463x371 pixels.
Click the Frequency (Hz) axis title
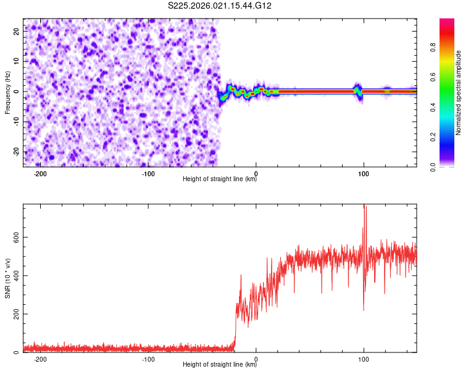tap(7, 92)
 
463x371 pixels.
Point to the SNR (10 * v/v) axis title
tap(7, 278)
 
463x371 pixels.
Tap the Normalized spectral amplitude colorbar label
tap(459, 93)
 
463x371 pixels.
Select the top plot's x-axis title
tap(220, 180)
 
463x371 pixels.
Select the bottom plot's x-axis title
tap(220, 365)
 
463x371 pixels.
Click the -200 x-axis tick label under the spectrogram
tap(40, 174)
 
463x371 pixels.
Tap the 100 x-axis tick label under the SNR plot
tap(364, 359)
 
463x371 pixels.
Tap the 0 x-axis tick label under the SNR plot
tap(256, 359)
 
